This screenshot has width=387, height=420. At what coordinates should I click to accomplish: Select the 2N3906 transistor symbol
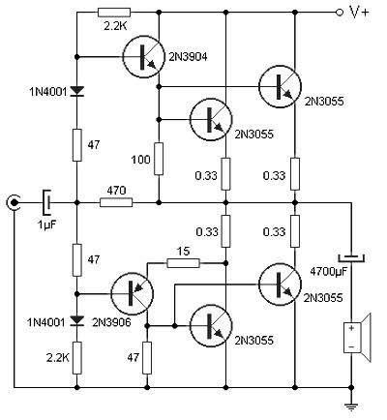click(127, 292)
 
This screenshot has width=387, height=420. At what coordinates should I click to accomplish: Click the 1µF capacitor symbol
click(45, 203)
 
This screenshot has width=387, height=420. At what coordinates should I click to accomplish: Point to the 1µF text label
click(47, 225)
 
